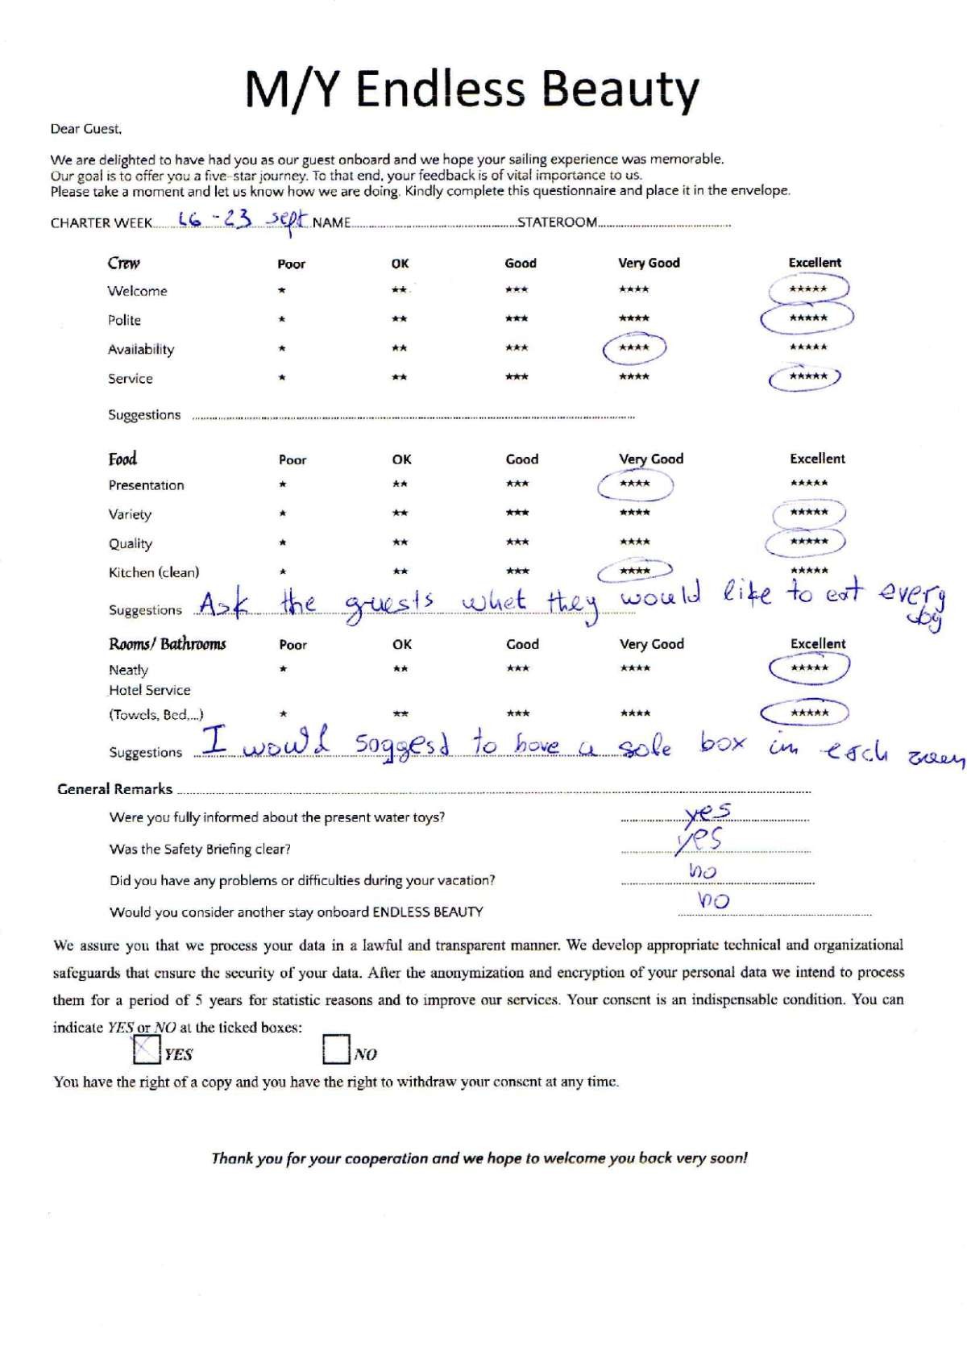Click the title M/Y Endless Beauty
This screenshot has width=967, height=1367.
(472, 89)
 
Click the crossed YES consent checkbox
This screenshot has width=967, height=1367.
(146, 1049)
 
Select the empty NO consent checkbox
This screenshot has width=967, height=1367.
(335, 1049)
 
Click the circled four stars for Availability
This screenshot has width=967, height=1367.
(634, 348)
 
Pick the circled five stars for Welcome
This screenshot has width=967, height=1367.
(808, 289)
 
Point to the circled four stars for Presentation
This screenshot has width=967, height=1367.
(634, 484)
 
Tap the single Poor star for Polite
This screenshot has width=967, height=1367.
(281, 319)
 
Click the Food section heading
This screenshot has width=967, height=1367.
(122, 459)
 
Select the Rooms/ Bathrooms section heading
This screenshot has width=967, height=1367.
(168, 644)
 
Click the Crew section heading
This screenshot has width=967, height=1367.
(123, 263)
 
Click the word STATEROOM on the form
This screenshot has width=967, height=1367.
(557, 222)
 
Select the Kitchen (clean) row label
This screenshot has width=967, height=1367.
(154, 572)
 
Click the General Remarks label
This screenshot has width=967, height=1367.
(114, 789)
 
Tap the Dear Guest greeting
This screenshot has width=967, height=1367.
(86, 128)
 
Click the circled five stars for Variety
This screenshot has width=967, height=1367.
(808, 513)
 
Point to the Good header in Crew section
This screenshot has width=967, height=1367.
(521, 263)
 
